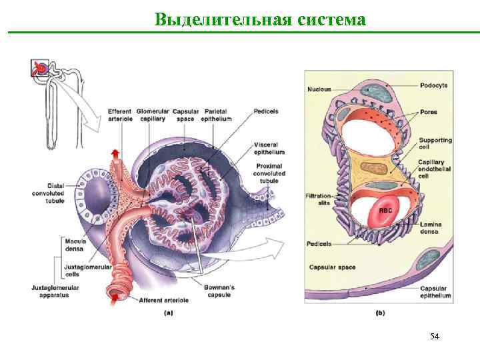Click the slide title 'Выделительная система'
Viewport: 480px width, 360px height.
pyautogui.click(x=259, y=19)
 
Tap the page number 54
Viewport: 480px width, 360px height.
pyautogui.click(x=435, y=336)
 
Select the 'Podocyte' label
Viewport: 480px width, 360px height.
pyautogui.click(x=434, y=85)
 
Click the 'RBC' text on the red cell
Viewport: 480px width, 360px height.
pyautogui.click(x=385, y=210)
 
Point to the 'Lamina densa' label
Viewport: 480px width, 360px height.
pyautogui.click(x=431, y=229)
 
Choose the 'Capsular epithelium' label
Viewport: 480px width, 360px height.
pyautogui.click(x=435, y=291)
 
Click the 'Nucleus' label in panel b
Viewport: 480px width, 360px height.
pyautogui.click(x=319, y=89)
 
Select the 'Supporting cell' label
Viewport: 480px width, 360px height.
pyautogui.click(x=435, y=145)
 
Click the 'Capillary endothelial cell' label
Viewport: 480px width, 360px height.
pyautogui.click(x=435, y=169)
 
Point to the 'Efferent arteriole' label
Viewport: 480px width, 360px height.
pyautogui.click(x=120, y=115)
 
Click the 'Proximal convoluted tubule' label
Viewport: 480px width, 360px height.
pyautogui.click(x=269, y=173)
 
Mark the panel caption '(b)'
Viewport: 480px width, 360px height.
pyautogui.click(x=380, y=312)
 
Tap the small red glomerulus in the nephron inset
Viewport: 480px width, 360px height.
pyautogui.click(x=41, y=68)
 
